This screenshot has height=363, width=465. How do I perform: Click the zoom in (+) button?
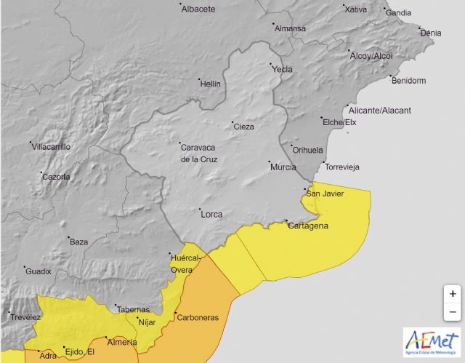(x=453, y=294)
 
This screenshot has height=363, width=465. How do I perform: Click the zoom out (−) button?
(x=453, y=312)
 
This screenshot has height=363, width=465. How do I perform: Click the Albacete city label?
(x=198, y=9)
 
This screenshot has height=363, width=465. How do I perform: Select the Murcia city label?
(x=283, y=167)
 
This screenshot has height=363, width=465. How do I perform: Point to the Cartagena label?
(x=309, y=226)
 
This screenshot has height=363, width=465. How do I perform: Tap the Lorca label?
(x=211, y=214)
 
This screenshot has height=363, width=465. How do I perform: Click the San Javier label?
(x=325, y=194)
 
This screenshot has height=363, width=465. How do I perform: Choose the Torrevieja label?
(x=343, y=167)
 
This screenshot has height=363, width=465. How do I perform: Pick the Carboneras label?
(x=198, y=318)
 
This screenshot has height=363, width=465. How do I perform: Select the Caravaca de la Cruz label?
(x=198, y=153)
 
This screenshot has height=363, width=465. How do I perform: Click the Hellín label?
(x=209, y=84)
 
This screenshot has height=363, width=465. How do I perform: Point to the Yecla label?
(x=281, y=69)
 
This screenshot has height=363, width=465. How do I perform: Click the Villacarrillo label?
(x=51, y=146)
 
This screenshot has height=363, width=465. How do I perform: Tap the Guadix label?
(x=38, y=271)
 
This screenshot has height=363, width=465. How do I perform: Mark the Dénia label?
(x=431, y=33)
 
